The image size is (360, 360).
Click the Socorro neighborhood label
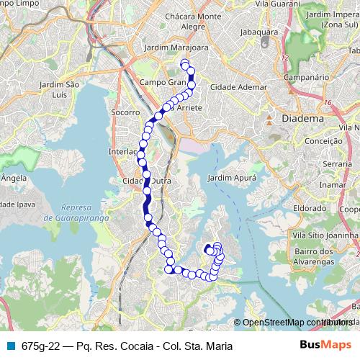126,113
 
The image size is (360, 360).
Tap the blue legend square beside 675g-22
9,346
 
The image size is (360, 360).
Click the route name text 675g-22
40,346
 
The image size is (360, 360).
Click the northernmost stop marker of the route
185,65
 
